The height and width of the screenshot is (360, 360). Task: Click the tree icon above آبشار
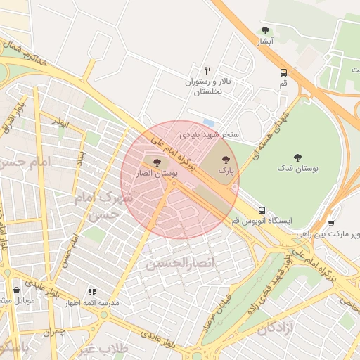pos(265,30)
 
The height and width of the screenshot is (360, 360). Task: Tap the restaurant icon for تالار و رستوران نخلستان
pos(207,70)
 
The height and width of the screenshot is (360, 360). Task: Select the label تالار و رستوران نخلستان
pos(207,87)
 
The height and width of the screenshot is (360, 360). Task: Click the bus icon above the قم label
pos(283,72)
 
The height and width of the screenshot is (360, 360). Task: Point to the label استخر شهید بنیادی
pos(210,133)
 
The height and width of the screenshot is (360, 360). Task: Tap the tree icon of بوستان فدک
pos(297,157)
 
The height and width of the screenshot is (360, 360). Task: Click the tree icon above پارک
pos(226,160)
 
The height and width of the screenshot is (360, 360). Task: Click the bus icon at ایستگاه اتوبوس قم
pos(262,210)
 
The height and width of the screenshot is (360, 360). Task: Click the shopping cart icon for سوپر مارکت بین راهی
pos(331,224)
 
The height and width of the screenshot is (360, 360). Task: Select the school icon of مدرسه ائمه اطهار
pos(91,292)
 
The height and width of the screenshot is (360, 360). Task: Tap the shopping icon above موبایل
pos(16,290)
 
